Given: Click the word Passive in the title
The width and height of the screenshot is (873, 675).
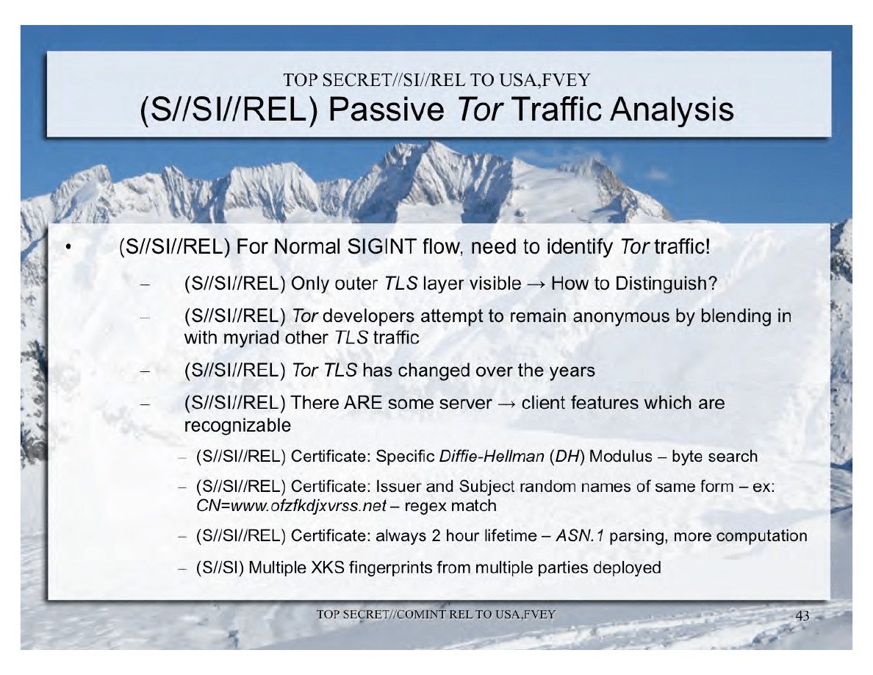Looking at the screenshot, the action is click(386, 110).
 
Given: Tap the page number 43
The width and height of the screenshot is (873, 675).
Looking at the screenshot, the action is click(802, 615).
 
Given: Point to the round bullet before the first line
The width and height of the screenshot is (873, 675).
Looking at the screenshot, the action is click(68, 247).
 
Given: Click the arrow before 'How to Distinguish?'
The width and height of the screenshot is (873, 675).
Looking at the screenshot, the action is click(536, 285).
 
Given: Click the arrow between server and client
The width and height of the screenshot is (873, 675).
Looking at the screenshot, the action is click(506, 404).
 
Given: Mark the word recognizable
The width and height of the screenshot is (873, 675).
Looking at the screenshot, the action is click(238, 426).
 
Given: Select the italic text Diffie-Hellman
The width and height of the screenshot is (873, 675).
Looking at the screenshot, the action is click(492, 457).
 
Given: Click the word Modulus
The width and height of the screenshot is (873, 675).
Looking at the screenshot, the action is click(621, 457).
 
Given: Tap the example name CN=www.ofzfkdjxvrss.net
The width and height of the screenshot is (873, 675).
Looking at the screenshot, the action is click(291, 506).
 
